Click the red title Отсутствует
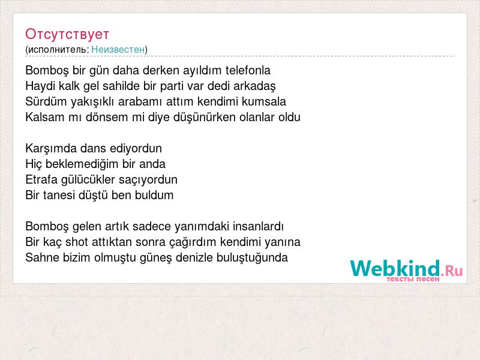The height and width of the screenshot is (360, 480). tap(67, 34)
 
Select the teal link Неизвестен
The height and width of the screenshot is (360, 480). tap(118, 49)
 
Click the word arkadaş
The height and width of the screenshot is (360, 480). tap(254, 86)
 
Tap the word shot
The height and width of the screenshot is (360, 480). tap(77, 242)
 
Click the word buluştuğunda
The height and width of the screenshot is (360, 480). tap(252, 258)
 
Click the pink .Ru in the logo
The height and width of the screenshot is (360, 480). tap(452, 271)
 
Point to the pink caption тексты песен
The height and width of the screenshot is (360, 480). tap(413, 279)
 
